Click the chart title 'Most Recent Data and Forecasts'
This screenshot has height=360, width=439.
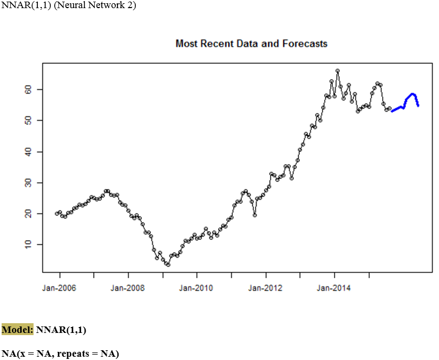coord(251,43)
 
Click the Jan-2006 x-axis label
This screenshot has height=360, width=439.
coord(59,288)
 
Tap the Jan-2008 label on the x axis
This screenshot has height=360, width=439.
coord(128,288)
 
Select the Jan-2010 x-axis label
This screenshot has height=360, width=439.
coord(196,288)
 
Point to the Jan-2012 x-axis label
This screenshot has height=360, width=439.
coord(265,288)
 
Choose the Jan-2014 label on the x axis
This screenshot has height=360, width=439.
coord(334,288)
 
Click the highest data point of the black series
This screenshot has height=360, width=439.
coord(337,70)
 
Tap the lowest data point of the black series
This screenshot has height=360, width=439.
coord(168,264)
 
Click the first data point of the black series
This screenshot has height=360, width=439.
coord(57,213)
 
